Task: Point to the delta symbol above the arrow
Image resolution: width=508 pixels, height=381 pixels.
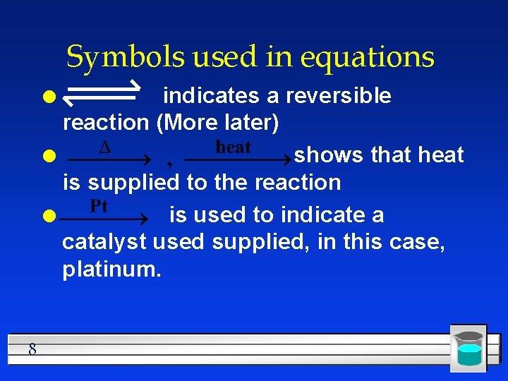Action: (104, 147)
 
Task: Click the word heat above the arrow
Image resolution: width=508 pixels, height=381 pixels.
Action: (233, 147)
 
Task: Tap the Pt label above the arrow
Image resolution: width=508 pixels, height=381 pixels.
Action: (99, 206)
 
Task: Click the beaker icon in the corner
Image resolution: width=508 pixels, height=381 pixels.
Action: (468, 348)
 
